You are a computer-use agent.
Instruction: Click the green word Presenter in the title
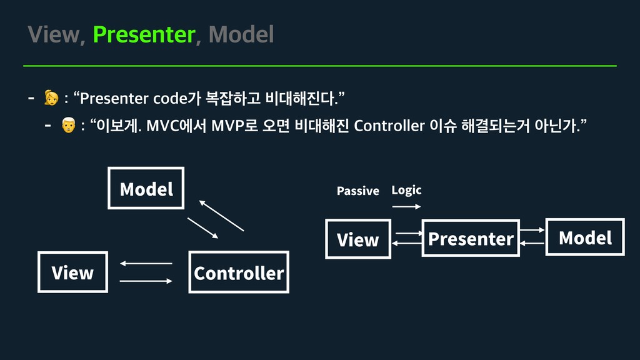pyautogui.click(x=144, y=35)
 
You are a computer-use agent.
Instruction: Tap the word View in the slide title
pyautogui.click(x=54, y=35)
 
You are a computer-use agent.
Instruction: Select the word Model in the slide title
pyautogui.click(x=241, y=35)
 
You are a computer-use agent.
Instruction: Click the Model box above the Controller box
pyautogui.click(x=146, y=188)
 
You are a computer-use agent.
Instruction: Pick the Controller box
pyautogui.click(x=239, y=272)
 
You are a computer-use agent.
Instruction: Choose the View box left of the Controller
pyautogui.click(x=72, y=272)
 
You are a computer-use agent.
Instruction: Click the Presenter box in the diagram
pyautogui.click(x=471, y=238)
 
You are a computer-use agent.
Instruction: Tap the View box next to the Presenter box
pyautogui.click(x=357, y=239)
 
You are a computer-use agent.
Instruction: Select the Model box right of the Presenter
pyautogui.click(x=585, y=237)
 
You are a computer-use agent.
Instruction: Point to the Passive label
pyautogui.click(x=357, y=191)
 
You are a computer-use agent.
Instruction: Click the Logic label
pyautogui.click(x=406, y=190)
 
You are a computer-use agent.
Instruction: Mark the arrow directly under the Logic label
pyautogui.click(x=406, y=206)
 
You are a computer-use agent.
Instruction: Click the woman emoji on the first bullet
pyautogui.click(x=51, y=98)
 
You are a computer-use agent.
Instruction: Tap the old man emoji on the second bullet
pyautogui.click(x=68, y=126)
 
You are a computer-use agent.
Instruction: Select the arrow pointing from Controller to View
pyautogui.click(x=146, y=264)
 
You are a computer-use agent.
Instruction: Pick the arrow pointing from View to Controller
pyautogui.click(x=146, y=281)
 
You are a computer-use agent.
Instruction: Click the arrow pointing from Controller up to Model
pyautogui.click(x=221, y=216)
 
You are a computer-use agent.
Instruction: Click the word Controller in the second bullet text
pyautogui.click(x=389, y=126)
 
